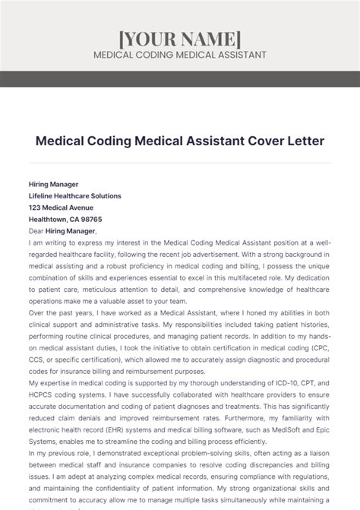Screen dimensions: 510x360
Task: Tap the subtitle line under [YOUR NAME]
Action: coord(180,55)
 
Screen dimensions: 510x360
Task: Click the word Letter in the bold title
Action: coord(282,141)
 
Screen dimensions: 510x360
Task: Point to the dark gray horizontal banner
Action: coord(180,78)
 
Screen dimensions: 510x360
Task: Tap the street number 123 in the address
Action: coord(36,207)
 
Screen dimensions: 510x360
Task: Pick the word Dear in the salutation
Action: coord(36,231)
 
